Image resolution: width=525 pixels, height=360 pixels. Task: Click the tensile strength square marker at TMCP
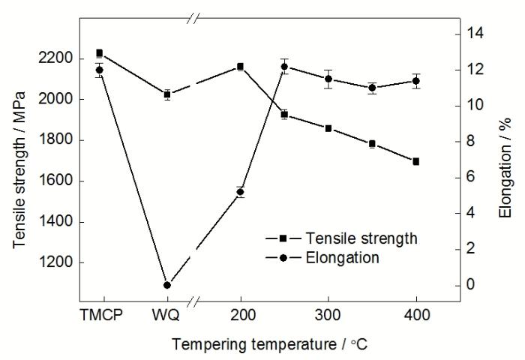click(100, 53)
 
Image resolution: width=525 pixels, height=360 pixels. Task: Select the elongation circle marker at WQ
click(167, 285)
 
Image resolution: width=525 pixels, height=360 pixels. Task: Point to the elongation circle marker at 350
click(372, 88)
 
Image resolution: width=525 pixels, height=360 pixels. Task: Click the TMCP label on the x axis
click(100, 315)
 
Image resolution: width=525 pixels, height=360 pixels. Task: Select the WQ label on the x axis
click(167, 315)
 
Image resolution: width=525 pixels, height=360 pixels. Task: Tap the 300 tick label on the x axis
click(328, 315)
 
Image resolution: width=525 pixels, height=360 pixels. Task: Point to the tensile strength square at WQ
click(167, 94)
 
